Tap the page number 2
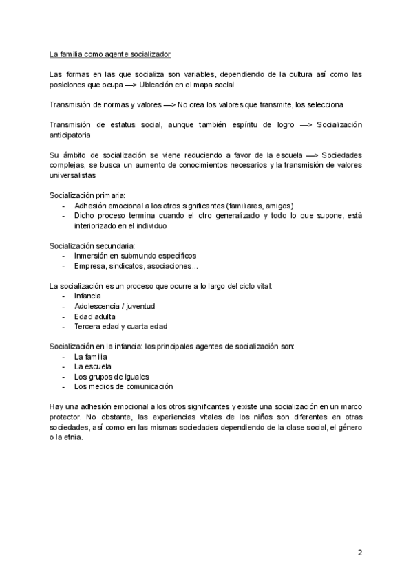(x=359, y=552)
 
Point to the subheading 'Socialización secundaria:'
(x=92, y=245)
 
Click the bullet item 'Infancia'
(x=87, y=296)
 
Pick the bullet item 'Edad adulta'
(x=94, y=316)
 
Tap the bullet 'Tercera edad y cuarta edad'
(x=120, y=326)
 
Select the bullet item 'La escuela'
(x=93, y=367)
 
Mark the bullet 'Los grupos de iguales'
(x=112, y=377)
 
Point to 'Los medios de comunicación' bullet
(x=123, y=386)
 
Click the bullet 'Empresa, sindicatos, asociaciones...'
(x=136, y=265)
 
